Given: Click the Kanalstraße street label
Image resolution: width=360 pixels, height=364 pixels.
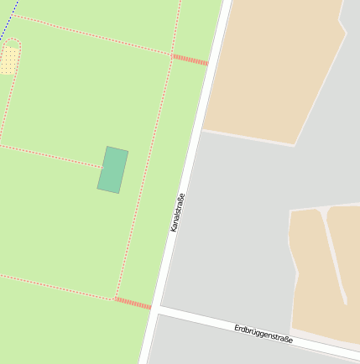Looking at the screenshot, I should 177,212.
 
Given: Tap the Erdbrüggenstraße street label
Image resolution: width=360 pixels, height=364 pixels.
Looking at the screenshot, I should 263,333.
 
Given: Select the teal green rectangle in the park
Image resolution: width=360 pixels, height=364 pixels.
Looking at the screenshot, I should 112,169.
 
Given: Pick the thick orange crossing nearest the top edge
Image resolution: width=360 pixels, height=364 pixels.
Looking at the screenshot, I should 190,60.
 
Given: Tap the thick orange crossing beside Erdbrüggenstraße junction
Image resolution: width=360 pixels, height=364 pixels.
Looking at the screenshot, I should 133,302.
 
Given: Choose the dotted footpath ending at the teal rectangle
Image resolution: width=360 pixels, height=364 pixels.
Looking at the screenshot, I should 50,154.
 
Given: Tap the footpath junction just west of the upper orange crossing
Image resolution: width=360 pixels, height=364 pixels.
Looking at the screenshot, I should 172,55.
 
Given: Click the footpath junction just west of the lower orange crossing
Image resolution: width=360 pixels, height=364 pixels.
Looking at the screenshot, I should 116,298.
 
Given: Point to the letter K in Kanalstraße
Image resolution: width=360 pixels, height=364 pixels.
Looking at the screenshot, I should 174,228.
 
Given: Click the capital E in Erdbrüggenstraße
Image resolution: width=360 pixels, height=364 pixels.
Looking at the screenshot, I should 237,327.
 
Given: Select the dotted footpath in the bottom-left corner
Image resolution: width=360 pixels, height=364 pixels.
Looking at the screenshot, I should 50,285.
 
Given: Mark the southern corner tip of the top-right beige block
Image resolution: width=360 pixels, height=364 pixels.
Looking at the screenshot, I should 293,145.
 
